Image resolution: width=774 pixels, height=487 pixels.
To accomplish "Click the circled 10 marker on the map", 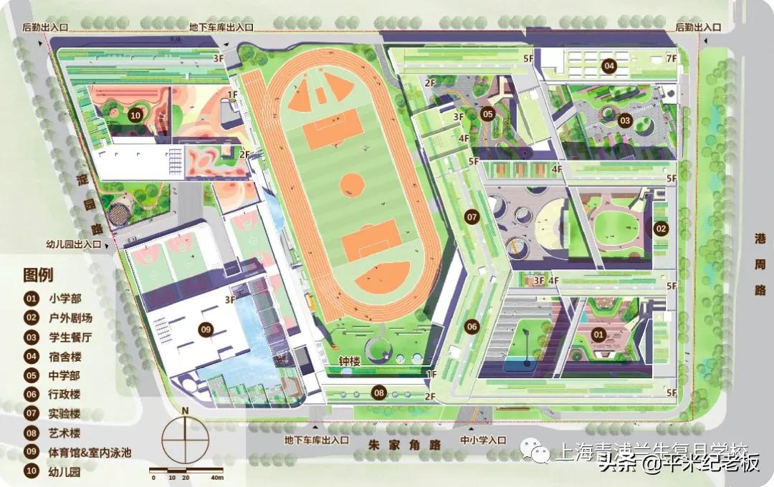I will tap(135, 114).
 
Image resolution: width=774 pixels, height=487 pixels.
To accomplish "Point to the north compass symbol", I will tap(185, 436).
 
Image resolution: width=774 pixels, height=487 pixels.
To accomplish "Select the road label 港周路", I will tap(760, 264).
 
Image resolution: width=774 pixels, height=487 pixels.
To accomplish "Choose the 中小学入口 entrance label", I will tap(483, 440).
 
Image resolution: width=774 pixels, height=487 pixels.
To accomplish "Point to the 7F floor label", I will tap(671, 58).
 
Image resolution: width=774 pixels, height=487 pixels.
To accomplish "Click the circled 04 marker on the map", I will tap(608, 67).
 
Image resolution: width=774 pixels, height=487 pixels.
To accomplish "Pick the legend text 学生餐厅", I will tap(70, 336).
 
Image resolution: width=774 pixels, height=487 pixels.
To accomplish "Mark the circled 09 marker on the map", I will tap(206, 329).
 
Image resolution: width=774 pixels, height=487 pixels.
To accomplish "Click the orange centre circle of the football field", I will tap(351, 185).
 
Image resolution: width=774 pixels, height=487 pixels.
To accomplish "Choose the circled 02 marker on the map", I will tap(660, 229).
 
